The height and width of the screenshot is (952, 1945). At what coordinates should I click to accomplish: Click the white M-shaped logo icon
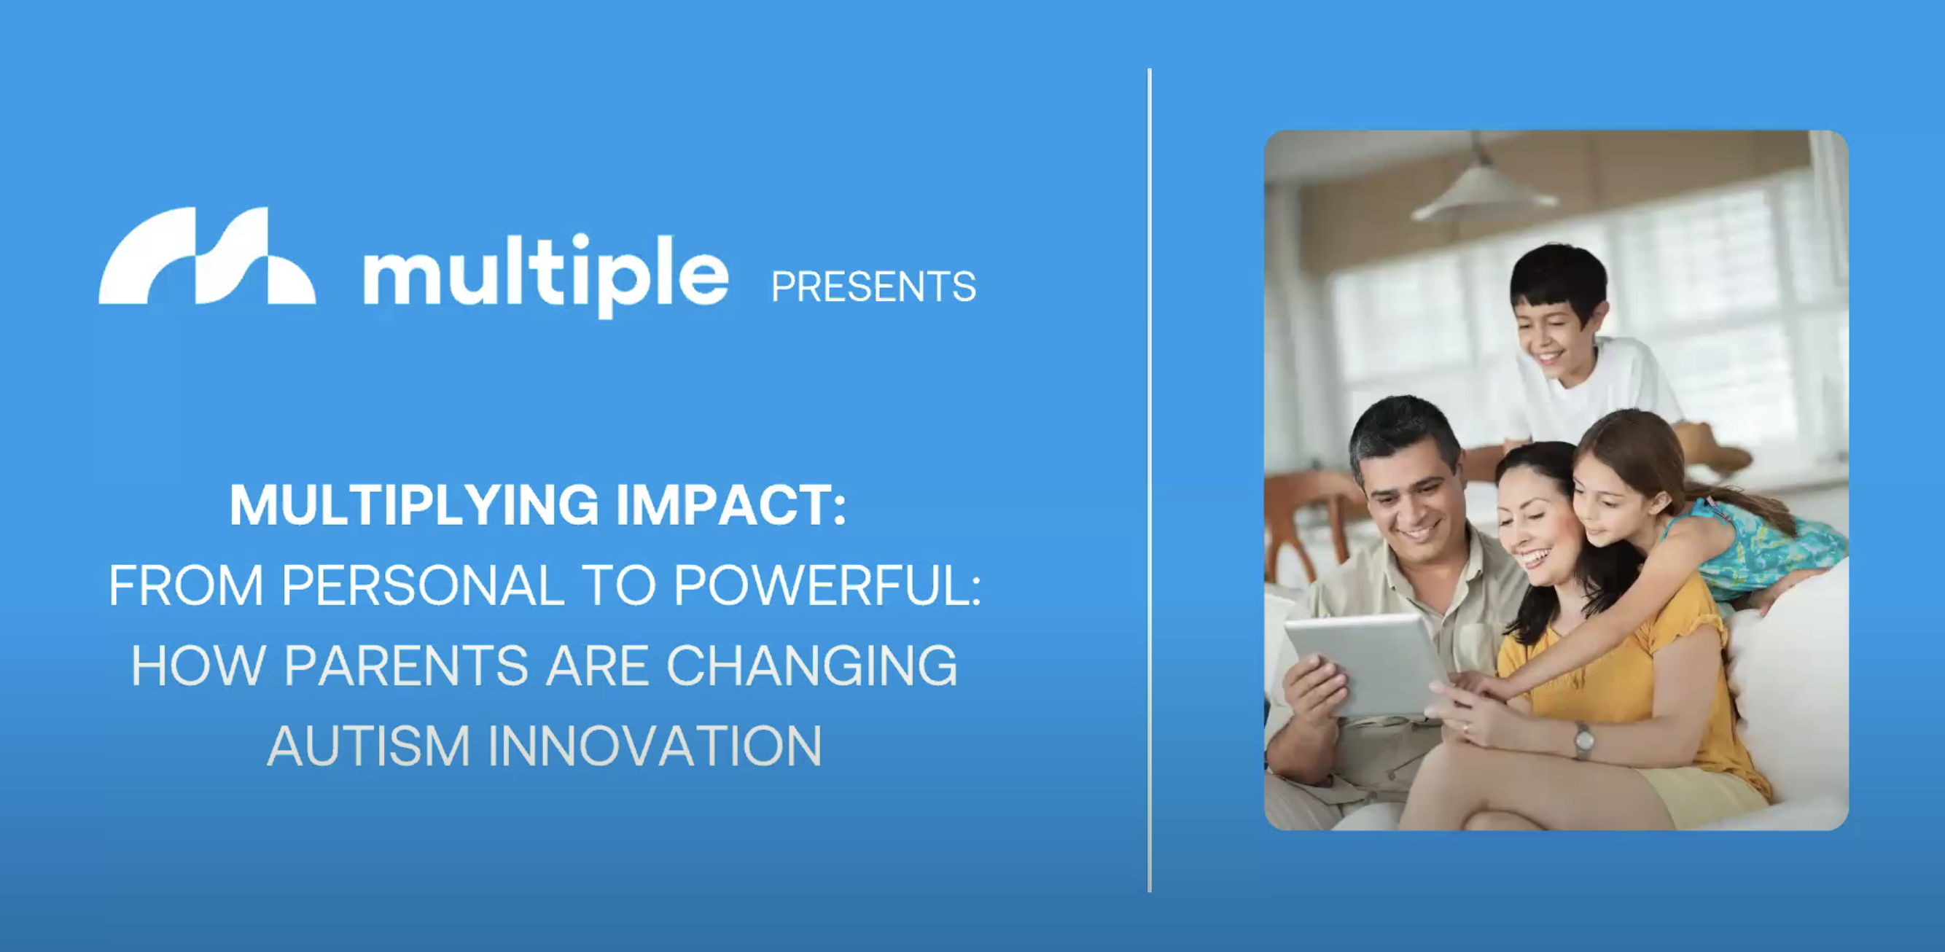pos(207,256)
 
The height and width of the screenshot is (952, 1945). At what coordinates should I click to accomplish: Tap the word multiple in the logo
pos(546,276)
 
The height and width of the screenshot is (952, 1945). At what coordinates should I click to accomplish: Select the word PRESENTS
pos(873,287)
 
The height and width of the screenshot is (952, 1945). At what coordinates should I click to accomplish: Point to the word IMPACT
pos(731,505)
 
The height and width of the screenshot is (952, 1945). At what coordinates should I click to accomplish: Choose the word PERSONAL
pos(423,585)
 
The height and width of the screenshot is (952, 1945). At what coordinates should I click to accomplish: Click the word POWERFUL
pos(827,585)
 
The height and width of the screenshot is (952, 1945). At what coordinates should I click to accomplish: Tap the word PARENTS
pos(406,666)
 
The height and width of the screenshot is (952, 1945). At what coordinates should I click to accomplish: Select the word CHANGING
pos(811,666)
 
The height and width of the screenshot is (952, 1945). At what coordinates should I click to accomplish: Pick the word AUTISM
pos(368,746)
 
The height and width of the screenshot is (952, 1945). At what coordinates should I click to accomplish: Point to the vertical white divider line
pos(1149,480)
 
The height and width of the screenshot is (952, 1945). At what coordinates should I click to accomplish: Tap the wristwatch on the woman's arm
pos(1583,739)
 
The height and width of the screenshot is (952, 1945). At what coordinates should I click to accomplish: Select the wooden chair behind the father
pos(1310,521)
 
